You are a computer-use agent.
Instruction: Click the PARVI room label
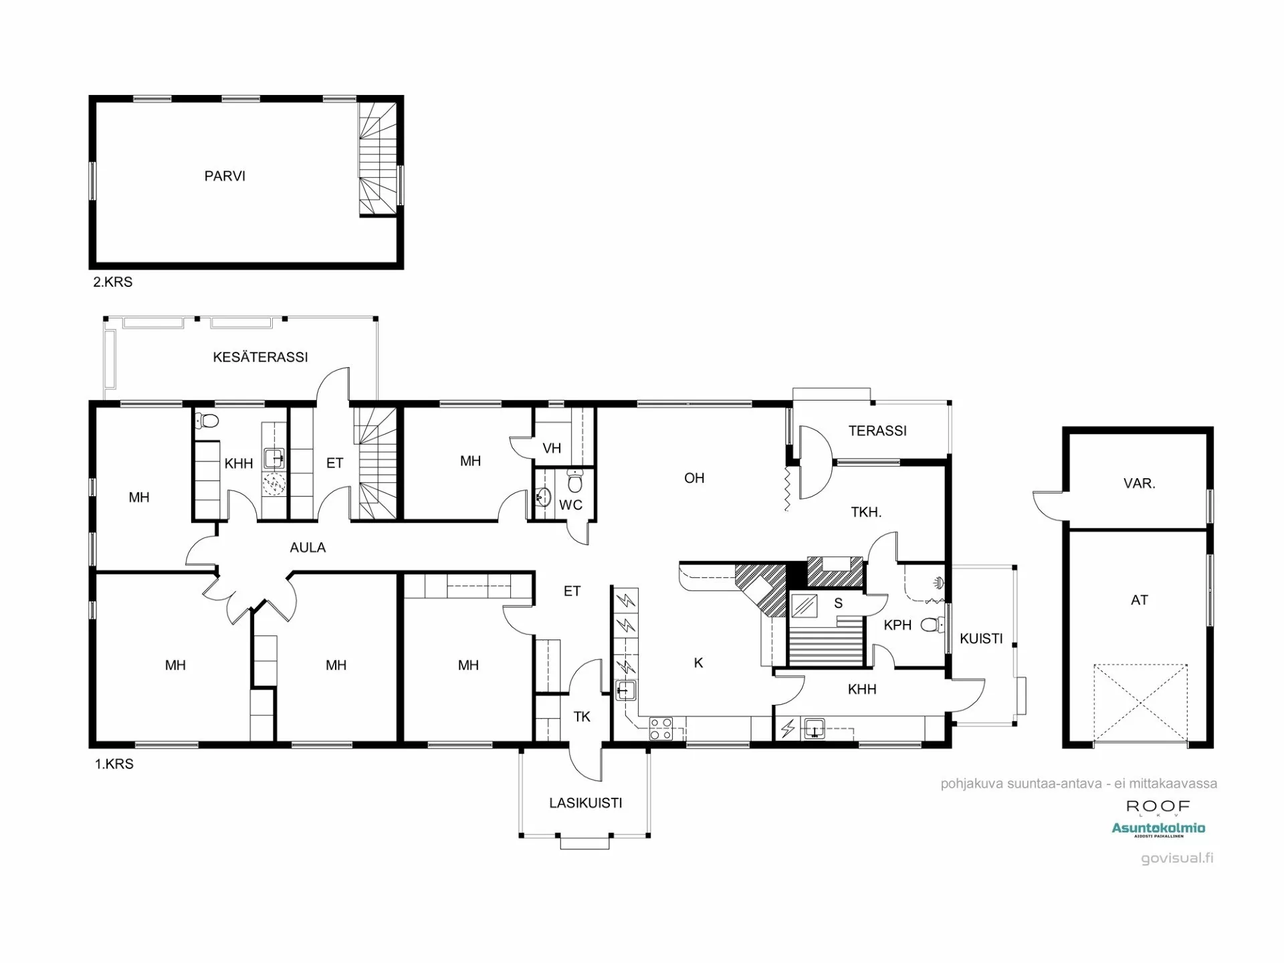coord(225,176)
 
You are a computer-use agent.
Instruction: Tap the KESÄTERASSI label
coord(260,357)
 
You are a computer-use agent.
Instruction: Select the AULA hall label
coord(308,548)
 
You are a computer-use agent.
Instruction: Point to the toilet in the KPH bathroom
coord(930,625)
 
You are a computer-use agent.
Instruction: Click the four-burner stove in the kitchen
coord(661,728)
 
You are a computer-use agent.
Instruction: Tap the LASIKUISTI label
coord(585,803)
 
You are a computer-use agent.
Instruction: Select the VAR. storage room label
coord(1139,484)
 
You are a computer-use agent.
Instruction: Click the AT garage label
coord(1139,601)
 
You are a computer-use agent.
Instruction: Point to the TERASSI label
coord(877,431)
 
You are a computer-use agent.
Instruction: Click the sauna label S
coord(838,603)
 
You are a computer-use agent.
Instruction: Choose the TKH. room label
coord(866,513)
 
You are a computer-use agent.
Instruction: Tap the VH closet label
coord(552,449)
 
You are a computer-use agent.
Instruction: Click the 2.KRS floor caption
coord(112,282)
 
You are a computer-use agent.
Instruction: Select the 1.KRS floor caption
coord(114,764)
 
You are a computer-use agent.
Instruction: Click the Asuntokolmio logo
coord(1158,829)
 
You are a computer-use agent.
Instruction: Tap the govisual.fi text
coord(1177,858)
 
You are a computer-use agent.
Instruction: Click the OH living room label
coord(694,478)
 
